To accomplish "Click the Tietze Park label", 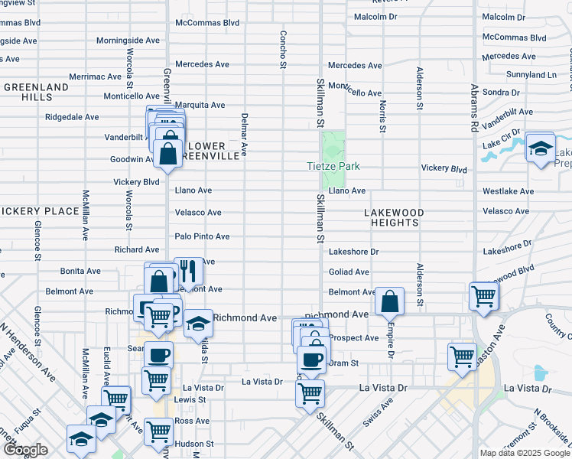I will (333, 166).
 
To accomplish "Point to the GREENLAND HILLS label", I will (35, 93).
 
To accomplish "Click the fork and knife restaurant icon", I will (188, 271).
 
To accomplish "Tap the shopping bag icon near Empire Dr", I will (390, 301).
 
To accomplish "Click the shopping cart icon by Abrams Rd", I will (483, 295).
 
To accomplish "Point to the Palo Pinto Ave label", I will (202, 236).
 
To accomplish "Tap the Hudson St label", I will (193, 444).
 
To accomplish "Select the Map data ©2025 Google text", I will (525, 453).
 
